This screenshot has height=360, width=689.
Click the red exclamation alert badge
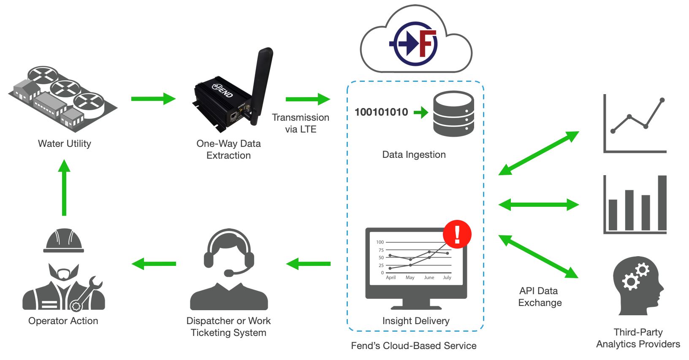coord(457,234)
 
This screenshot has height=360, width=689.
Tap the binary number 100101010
coord(381,112)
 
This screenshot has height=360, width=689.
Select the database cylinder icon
coord(453,114)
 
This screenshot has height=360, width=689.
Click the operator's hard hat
coord(64,241)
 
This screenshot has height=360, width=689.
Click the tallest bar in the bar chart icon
coord(662,203)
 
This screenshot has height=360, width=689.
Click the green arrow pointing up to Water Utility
coord(64,187)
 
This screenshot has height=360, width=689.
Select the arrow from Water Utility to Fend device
coord(153,99)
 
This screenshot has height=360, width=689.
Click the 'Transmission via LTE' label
coord(300,123)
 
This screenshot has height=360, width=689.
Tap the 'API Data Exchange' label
coord(540,297)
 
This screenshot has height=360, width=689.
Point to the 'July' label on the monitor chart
coord(447,278)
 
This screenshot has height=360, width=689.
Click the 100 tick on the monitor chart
coord(380,242)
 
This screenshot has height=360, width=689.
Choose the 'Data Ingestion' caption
coord(414,155)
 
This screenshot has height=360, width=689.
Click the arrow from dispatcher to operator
coord(154,264)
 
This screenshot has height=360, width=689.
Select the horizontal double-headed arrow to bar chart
coord(539,205)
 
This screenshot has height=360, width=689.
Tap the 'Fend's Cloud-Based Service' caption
coord(413,346)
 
